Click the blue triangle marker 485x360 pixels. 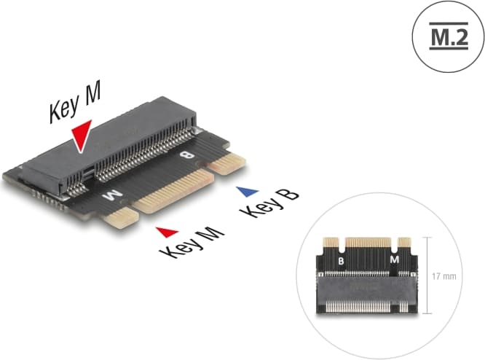[249, 192]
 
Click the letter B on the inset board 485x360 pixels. [339, 260]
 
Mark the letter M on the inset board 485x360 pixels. [394, 259]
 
